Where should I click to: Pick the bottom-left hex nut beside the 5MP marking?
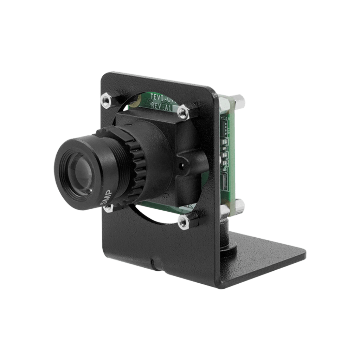108,208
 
